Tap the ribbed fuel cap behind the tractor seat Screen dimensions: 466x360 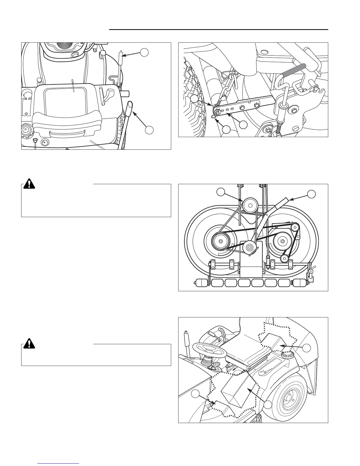coord(285,355)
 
